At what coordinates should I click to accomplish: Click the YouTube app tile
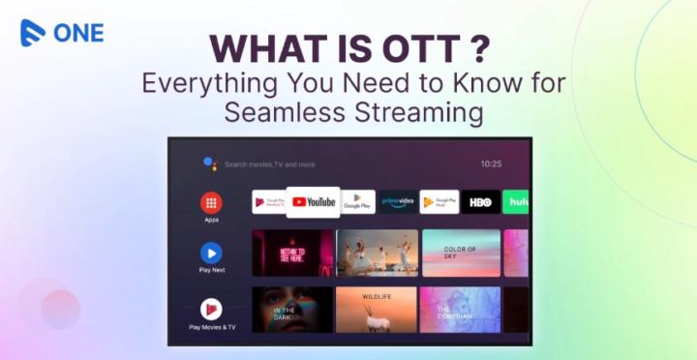(x=313, y=201)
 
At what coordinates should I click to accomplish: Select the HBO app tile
(x=480, y=201)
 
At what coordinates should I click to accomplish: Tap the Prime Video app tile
(x=398, y=201)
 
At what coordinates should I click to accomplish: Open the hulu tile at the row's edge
(x=517, y=201)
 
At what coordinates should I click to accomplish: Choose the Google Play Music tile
(x=439, y=201)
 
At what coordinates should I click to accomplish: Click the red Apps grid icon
(x=211, y=203)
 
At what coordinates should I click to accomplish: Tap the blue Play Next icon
(x=211, y=254)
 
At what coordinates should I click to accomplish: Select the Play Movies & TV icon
(x=211, y=310)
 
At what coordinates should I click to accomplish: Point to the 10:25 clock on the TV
(x=491, y=165)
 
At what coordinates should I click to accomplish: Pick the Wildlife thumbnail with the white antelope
(x=377, y=310)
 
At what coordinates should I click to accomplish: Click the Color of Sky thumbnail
(x=461, y=254)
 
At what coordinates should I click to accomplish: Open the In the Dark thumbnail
(x=291, y=310)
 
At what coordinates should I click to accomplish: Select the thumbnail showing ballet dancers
(x=377, y=254)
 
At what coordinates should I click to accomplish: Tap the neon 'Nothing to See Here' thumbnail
(x=291, y=254)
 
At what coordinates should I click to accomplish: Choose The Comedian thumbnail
(x=461, y=310)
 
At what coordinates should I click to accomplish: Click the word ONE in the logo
(x=79, y=32)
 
